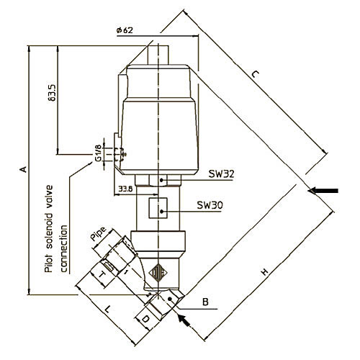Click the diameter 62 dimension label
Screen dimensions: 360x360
click(125, 30)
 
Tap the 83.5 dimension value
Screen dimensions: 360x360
click(52, 92)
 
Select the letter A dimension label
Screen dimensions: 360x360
click(23, 169)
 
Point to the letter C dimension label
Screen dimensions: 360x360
click(256, 74)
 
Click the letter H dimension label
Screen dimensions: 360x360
click(264, 272)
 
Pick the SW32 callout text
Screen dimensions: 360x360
click(221, 174)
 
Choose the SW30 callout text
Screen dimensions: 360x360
click(210, 205)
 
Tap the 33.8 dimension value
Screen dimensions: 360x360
click(125, 189)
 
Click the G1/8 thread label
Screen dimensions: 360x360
click(98, 153)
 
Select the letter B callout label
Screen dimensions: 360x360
click(205, 302)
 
